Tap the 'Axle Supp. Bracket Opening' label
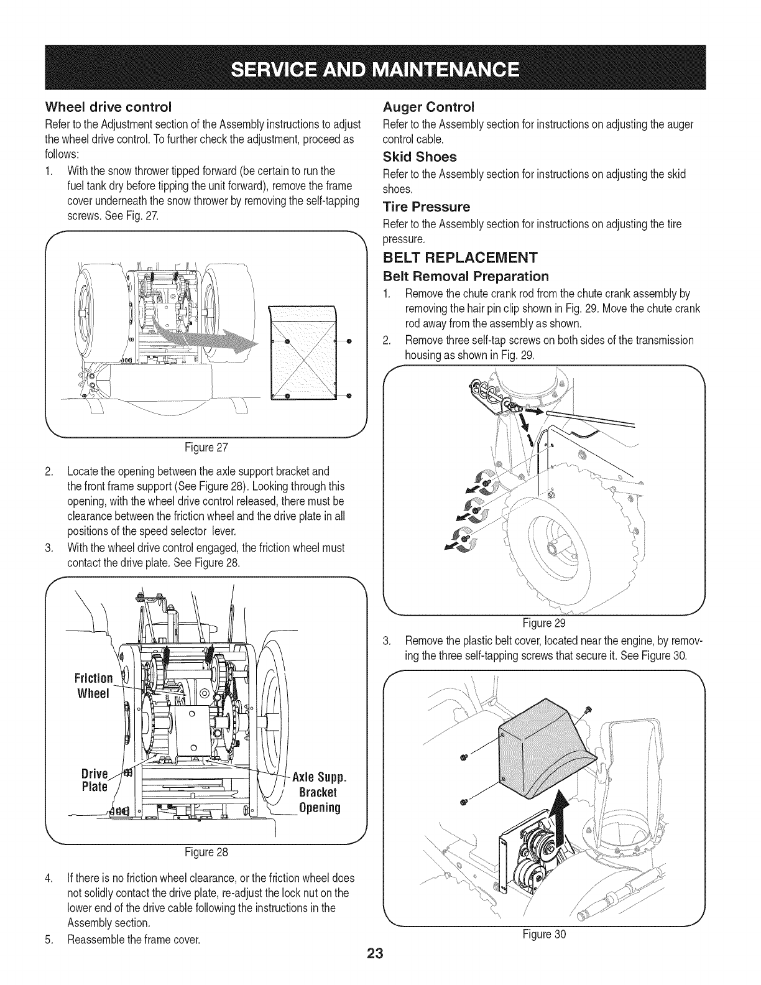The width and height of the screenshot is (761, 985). click(x=317, y=793)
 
